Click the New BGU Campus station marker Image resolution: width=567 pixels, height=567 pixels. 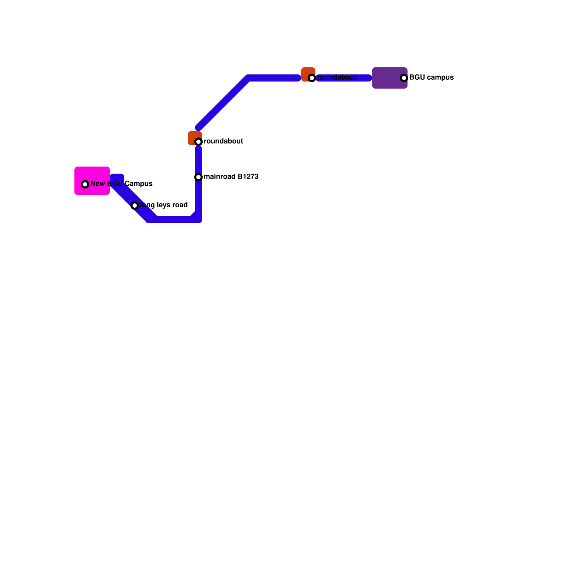[85, 184]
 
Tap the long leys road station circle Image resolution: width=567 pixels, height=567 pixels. [135, 206]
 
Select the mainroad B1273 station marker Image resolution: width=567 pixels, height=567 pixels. [198, 177]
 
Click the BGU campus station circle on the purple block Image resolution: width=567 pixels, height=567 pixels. [404, 78]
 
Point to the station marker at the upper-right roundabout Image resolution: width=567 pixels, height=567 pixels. [312, 78]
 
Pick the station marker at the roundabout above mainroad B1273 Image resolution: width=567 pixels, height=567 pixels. [198, 142]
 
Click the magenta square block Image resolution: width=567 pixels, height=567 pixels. [92, 174]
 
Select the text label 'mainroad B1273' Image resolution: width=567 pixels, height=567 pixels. [231, 177]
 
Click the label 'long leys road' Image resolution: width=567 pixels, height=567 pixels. [164, 205]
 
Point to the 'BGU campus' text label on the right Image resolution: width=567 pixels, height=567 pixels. [431, 78]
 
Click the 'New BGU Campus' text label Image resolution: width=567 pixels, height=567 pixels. [121, 184]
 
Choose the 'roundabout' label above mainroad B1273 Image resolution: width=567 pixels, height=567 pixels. [223, 141]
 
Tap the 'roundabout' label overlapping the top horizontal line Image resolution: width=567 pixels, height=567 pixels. [337, 78]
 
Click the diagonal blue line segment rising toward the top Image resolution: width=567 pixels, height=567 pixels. [223, 103]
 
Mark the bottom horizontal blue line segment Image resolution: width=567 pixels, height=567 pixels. [174, 220]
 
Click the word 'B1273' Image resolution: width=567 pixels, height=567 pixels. [248, 177]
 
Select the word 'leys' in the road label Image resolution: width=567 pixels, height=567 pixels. [162, 205]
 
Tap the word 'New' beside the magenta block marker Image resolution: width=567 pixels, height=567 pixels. [97, 184]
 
